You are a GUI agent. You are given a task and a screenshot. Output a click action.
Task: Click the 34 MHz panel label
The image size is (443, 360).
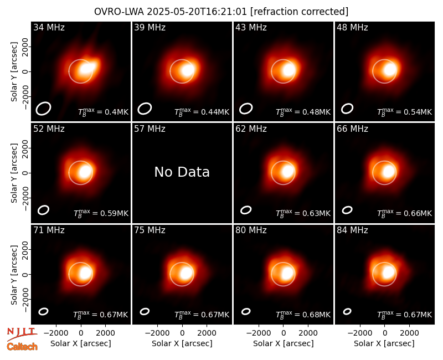pyautogui.click(x=49, y=27)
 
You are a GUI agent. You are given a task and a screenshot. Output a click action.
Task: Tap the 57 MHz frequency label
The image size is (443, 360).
pyautogui.click(x=150, y=129)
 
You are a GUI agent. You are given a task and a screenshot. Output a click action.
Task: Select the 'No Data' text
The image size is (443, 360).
pyautogui.click(x=182, y=172)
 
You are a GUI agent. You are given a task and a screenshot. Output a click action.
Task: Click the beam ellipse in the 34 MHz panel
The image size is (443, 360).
pyautogui.click(x=43, y=109)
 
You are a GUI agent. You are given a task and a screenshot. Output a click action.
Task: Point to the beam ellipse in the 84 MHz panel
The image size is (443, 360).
pyautogui.click(x=347, y=311)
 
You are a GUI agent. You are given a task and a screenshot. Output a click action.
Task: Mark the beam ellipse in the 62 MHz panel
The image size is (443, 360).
pyautogui.click(x=246, y=210)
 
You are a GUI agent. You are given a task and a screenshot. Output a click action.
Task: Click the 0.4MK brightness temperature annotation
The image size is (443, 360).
pyautogui.click(x=104, y=112)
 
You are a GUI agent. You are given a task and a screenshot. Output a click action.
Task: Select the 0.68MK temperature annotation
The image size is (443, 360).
pyautogui.click(x=303, y=314)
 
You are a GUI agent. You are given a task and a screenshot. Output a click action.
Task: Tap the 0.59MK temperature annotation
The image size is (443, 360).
pyautogui.click(x=101, y=213)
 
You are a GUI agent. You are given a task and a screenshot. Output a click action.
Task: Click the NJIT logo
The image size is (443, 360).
pyautogui.click(x=22, y=333)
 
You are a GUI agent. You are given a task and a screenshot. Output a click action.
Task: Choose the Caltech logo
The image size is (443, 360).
pyautogui.click(x=22, y=347)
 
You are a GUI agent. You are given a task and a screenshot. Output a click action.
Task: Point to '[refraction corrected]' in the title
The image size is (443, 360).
pyautogui.click(x=300, y=12)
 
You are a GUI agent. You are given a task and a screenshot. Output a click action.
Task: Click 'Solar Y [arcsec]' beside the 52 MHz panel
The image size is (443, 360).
pyautogui.click(x=14, y=173)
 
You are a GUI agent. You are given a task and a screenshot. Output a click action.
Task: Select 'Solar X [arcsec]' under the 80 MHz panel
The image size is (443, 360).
pyautogui.click(x=284, y=343)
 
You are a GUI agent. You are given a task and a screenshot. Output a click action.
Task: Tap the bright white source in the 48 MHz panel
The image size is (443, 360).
pyautogui.click(x=390, y=70)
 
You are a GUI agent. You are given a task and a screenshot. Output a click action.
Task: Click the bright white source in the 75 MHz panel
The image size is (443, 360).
pyautogui.click(x=187, y=273)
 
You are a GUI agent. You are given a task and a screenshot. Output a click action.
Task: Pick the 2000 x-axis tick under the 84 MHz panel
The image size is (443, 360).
pyautogui.click(x=409, y=333)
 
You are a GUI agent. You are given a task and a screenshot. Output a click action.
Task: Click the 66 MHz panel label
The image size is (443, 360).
pyautogui.click(x=352, y=129)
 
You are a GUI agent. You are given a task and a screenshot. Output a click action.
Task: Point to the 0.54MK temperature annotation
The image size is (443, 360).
pyautogui.click(x=405, y=112)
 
